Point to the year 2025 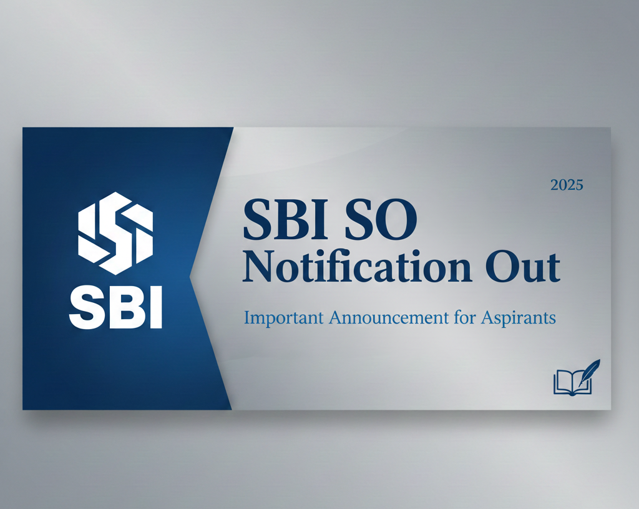pos(567,185)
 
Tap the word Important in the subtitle pos(283,318)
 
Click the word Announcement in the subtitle pos(388,317)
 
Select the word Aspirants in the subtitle pos(519,318)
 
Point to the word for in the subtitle pos(464,317)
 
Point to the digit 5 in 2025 pos(578,185)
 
